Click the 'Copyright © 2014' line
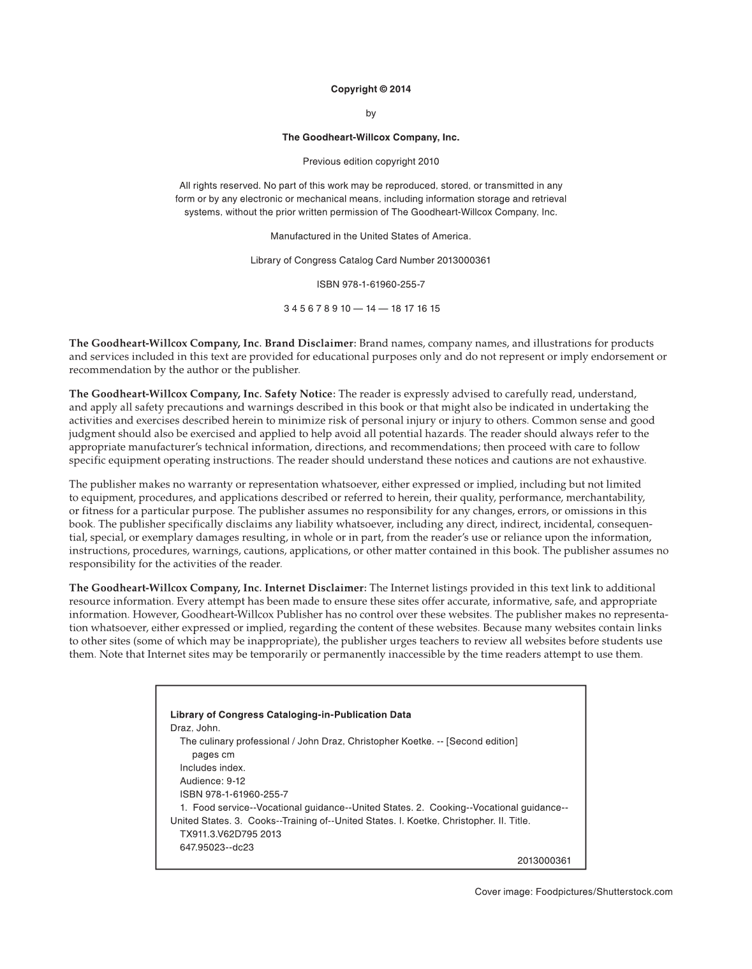[371, 89]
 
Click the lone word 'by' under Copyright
[371, 114]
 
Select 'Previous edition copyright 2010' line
[371, 161]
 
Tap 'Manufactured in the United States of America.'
[371, 236]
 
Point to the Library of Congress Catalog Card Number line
[371, 260]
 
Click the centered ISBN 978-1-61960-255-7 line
[371, 285]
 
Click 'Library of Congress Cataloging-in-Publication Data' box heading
[290, 714]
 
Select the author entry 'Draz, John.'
[195, 728]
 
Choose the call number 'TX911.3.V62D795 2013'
[230, 834]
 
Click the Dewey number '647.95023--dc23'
[217, 847]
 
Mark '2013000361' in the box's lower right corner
[543, 861]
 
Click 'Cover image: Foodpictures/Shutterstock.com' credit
[573, 892]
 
